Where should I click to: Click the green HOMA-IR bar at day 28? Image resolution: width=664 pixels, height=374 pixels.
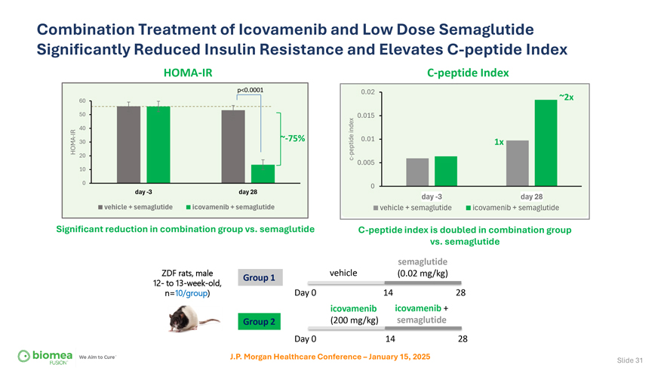(263, 174)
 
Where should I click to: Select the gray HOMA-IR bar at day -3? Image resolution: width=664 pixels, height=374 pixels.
(129, 144)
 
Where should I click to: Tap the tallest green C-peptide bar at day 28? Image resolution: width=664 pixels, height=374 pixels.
(546, 143)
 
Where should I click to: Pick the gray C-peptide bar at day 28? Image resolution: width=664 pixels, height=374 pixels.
(518, 163)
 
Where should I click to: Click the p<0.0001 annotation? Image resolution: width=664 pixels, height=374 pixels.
(250, 91)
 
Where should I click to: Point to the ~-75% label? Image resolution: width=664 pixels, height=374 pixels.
(292, 138)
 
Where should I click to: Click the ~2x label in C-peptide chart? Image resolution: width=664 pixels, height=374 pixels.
(566, 97)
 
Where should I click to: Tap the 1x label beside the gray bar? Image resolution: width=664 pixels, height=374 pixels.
(499, 141)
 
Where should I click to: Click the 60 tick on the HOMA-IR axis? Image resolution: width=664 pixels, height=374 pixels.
(81, 101)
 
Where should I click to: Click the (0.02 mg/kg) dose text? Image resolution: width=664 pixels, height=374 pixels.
(423, 274)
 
